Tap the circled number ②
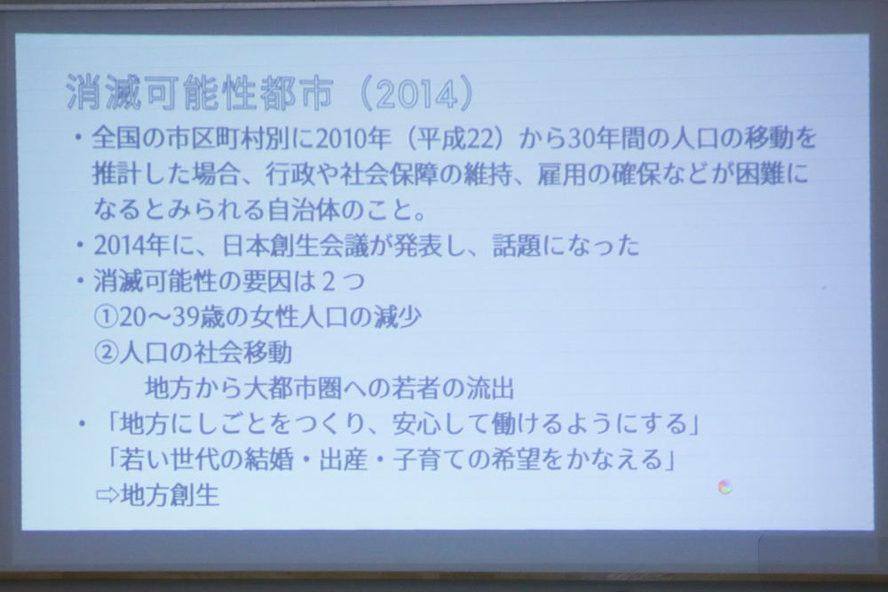106,353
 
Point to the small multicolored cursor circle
725,487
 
